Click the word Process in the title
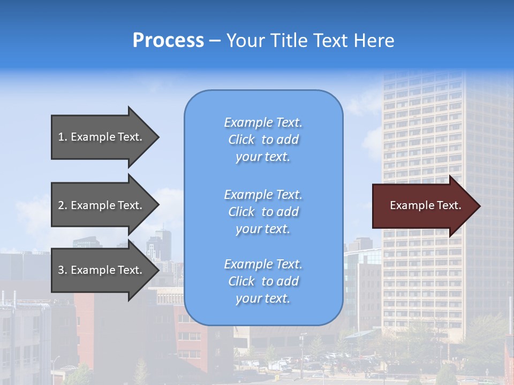pyautogui.click(x=168, y=41)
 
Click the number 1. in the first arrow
pyautogui.click(x=63, y=137)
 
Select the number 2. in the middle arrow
pyautogui.click(x=63, y=205)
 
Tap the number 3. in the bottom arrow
pyautogui.click(x=63, y=270)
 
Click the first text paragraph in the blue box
pyautogui.click(x=263, y=140)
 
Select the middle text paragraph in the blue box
pyautogui.click(x=263, y=212)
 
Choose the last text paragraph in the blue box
pyautogui.click(x=263, y=281)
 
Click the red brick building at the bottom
pyautogui.click(x=193, y=337)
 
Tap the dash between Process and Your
pyautogui.click(x=215, y=41)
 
